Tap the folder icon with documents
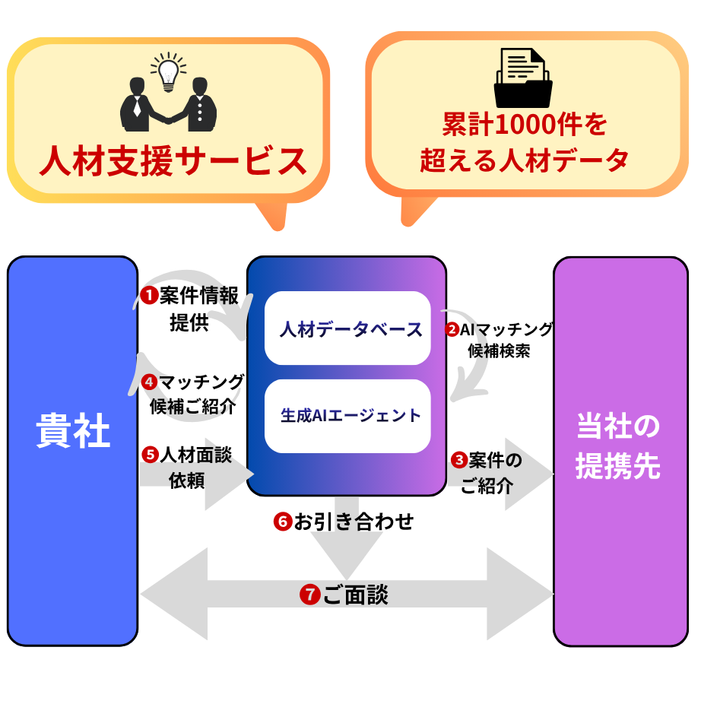[x=524, y=80]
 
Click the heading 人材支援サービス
[x=173, y=161]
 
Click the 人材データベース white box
[x=347, y=328]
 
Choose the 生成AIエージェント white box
[x=347, y=416]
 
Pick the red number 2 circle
[x=452, y=330]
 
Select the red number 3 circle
[x=459, y=460]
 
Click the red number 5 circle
[x=150, y=455]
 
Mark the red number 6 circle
[x=282, y=522]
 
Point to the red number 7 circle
[x=309, y=595]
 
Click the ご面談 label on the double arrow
[x=355, y=595]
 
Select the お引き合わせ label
[x=354, y=522]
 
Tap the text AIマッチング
[x=506, y=330]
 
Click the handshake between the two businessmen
[x=168, y=118]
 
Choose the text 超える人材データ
[x=525, y=160]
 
